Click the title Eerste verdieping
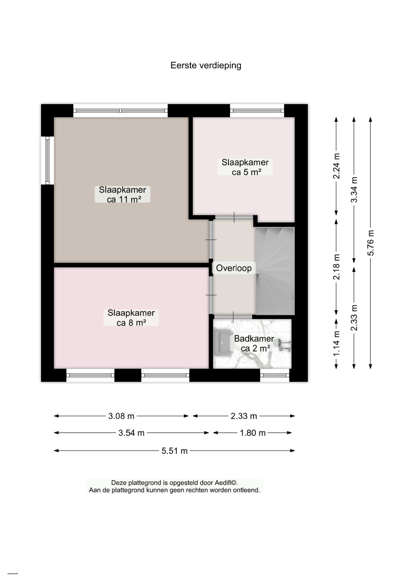pos(206,65)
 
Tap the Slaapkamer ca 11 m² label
pos(122,195)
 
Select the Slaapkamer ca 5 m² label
pos(245,167)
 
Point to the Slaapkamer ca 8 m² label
pos(131,318)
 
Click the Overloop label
pos(233,268)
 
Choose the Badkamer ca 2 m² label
pos(254,343)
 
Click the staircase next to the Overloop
pos(275,271)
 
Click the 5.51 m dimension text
pos(174,451)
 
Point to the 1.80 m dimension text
pos(253,433)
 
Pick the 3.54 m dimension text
pos(131,433)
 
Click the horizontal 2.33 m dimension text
pos(244,416)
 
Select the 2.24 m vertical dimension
pos(336,166)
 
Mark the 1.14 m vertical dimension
pos(336,343)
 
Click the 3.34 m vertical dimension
pos(354,190)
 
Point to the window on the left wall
pos(47,161)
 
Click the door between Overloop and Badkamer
pos(233,317)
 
